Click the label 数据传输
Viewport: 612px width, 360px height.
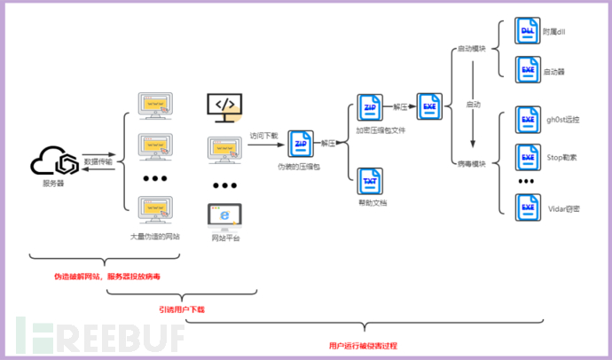[x=98, y=162]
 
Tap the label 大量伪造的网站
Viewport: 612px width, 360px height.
[x=155, y=237]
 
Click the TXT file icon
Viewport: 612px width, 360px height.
[x=368, y=180]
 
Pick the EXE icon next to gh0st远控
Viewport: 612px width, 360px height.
[x=527, y=121]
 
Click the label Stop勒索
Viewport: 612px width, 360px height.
[x=561, y=157]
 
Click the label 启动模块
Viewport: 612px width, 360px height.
[x=470, y=49]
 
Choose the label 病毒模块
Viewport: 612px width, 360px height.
[x=470, y=163]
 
